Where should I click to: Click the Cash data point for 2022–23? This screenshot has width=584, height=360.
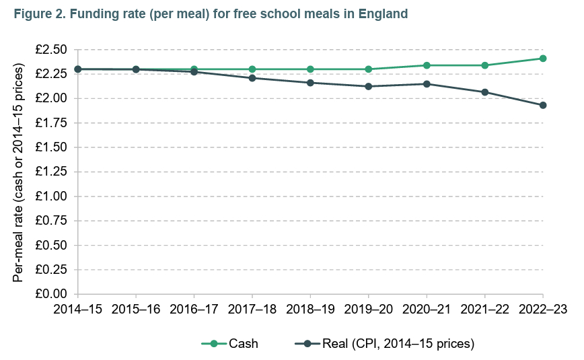click(x=543, y=59)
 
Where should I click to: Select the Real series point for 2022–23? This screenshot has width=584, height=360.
click(x=543, y=105)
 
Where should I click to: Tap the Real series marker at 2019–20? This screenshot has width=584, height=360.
click(x=369, y=86)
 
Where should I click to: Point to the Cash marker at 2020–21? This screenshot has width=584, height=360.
click(x=427, y=65)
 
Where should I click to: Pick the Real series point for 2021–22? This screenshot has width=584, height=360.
click(x=485, y=92)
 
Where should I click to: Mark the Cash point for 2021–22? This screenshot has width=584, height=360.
click(x=485, y=65)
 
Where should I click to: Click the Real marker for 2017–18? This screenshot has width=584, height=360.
click(x=252, y=78)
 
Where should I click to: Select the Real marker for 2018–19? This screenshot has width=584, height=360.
click(x=310, y=83)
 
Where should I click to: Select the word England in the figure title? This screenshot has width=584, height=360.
click(x=383, y=13)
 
